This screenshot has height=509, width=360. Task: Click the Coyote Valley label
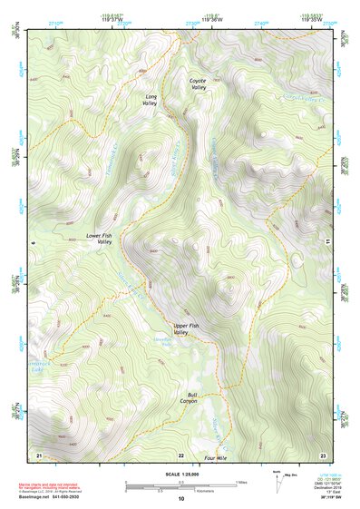pos(198,84)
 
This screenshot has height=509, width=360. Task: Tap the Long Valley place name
pos(151,99)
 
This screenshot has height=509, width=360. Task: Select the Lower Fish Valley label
pos(98,239)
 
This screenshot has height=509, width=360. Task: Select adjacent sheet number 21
pos(39,454)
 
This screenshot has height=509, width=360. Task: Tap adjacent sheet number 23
pos(322,454)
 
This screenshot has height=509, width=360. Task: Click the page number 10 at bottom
pos(180,498)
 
